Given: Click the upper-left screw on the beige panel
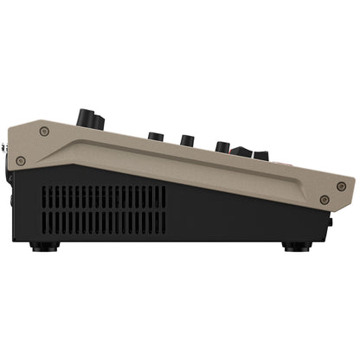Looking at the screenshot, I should pyautogui.click(x=44, y=132).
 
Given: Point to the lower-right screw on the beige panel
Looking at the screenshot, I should pyautogui.click(x=324, y=200).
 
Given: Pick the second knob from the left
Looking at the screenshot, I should pyautogui.click(x=156, y=136).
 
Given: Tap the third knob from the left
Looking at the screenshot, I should pyautogui.click(x=186, y=138).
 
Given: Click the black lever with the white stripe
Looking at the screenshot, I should pyautogui.click(x=242, y=151).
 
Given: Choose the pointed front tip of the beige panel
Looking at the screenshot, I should pyautogui.click(x=352, y=184).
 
